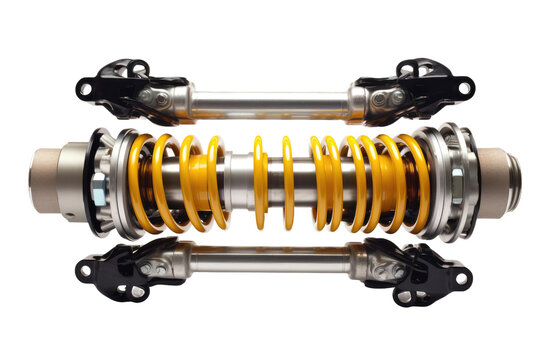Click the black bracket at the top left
click(x=120, y=80)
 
